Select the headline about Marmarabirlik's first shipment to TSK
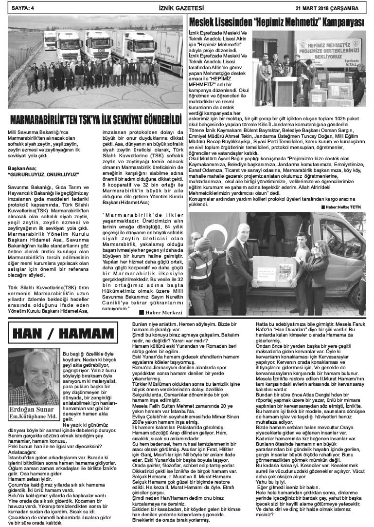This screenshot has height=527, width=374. (x=95, y=119)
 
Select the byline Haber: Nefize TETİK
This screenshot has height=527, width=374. (x=343, y=207)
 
